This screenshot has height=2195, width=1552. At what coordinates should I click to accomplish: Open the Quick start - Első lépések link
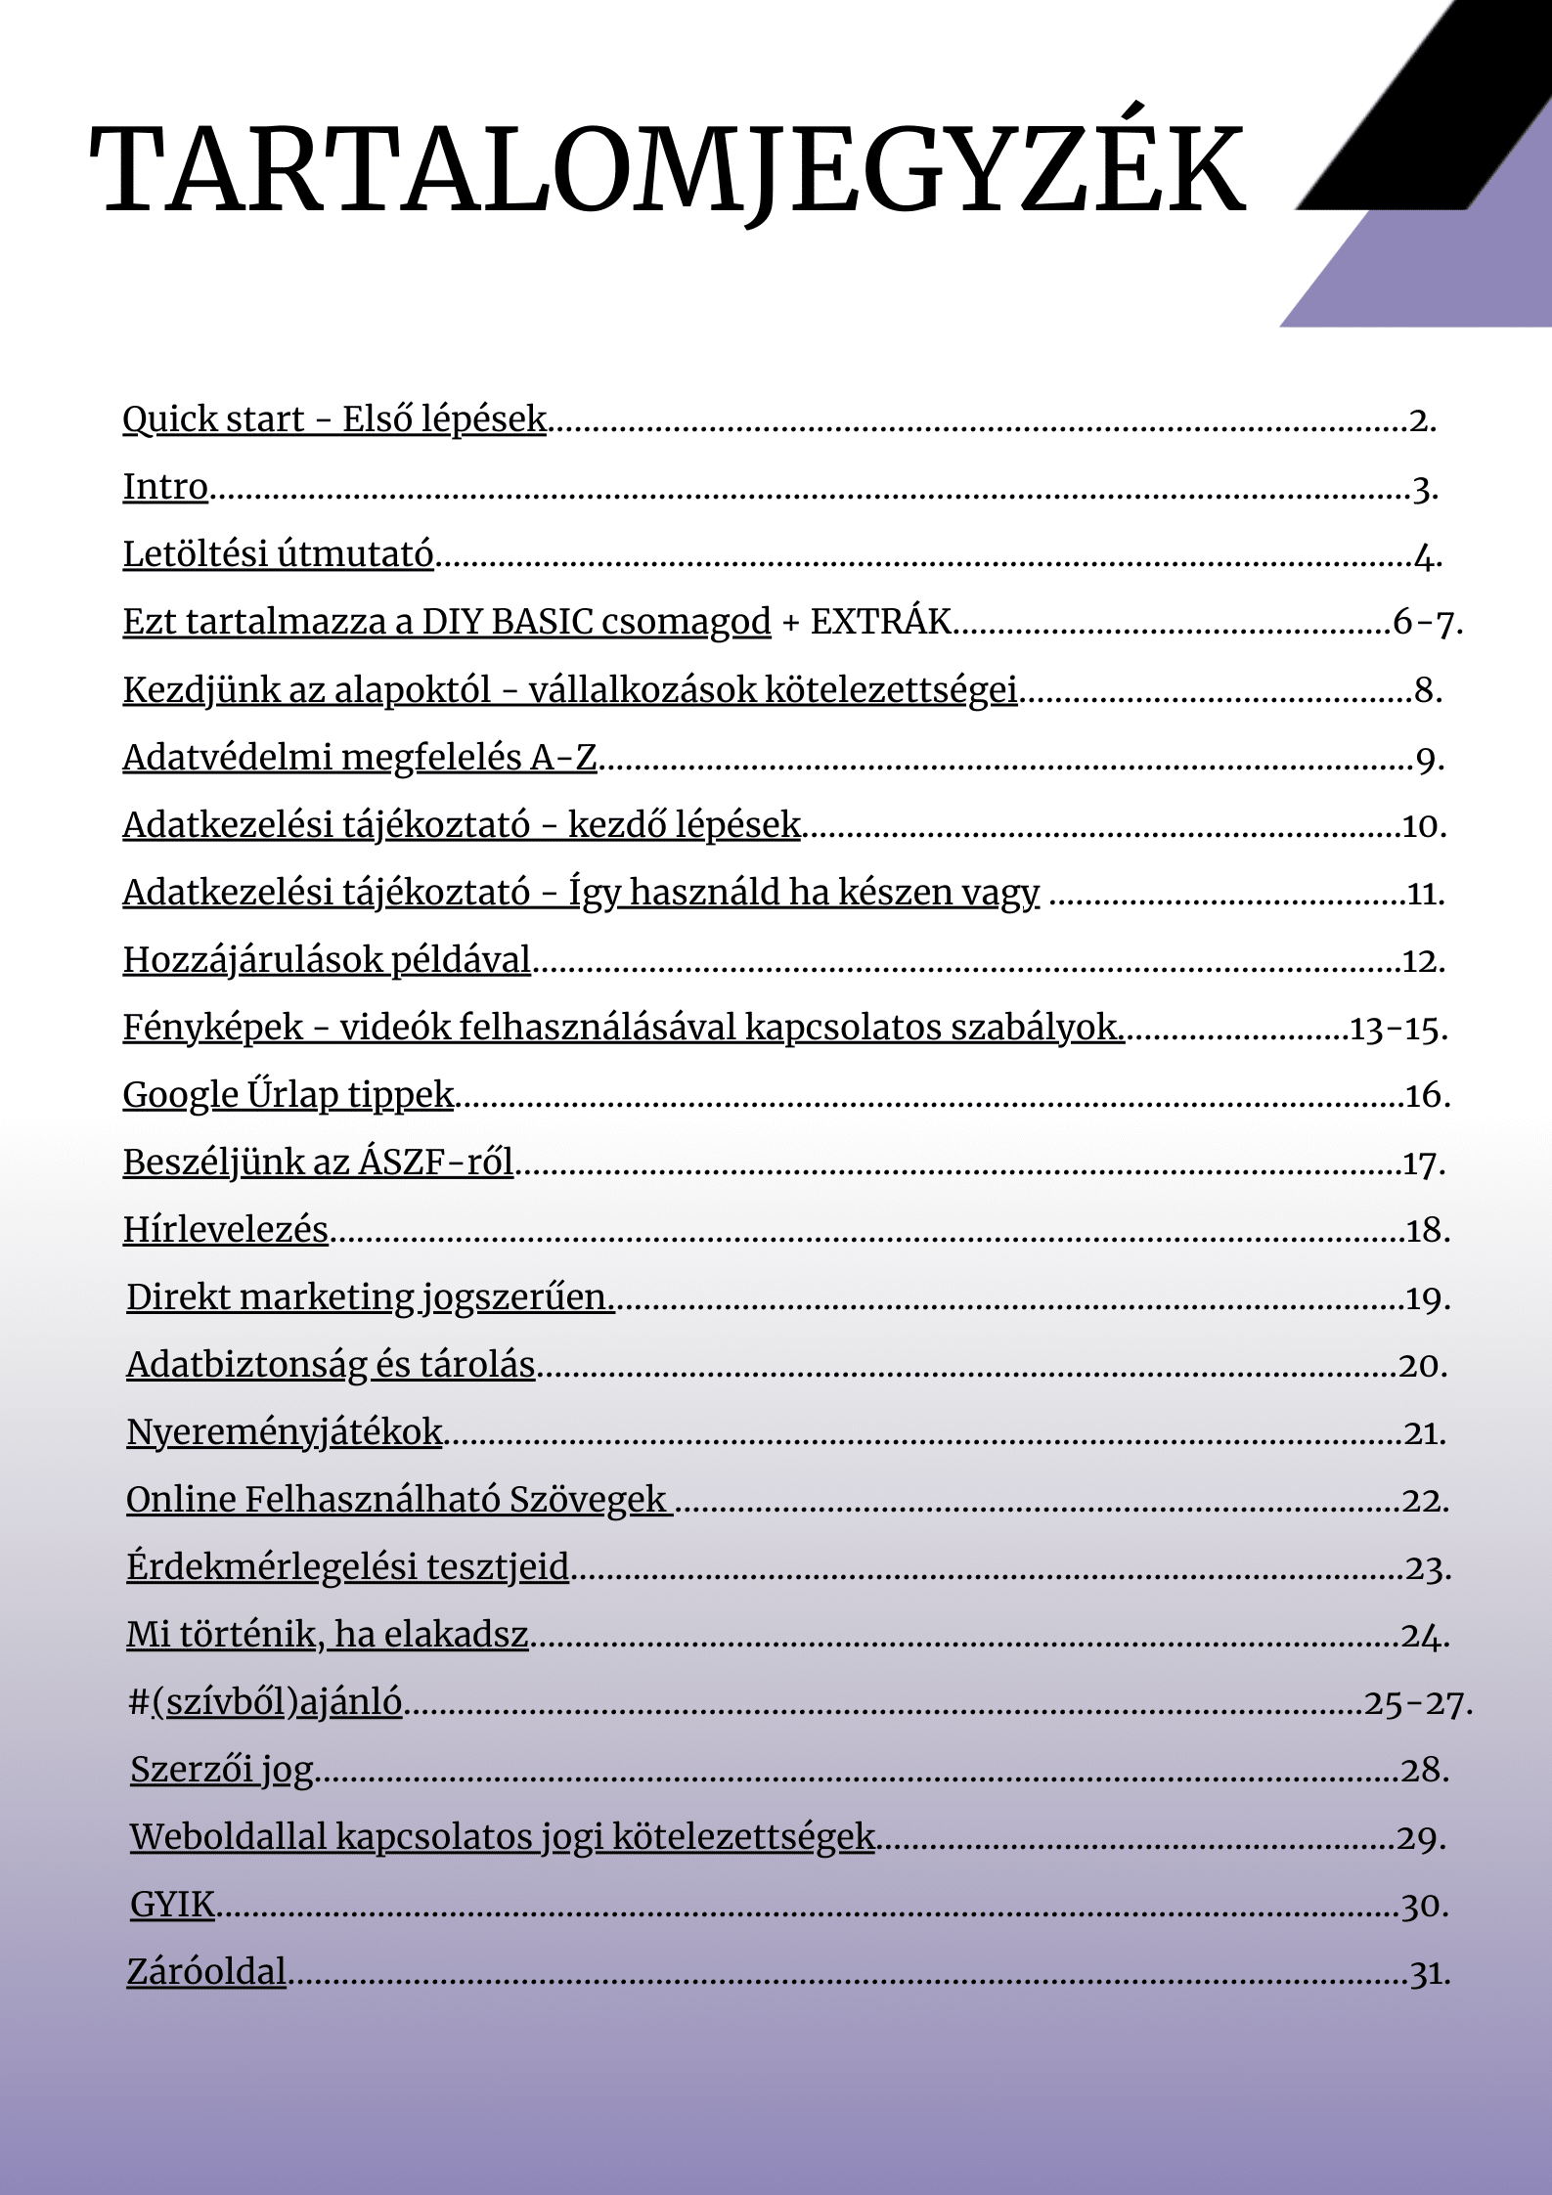[x=333, y=419]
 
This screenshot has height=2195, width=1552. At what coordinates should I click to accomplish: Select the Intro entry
[x=165, y=487]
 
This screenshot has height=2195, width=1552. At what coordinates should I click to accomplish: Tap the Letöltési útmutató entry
[x=278, y=554]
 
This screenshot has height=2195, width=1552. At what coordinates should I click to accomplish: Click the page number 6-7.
[x=1427, y=622]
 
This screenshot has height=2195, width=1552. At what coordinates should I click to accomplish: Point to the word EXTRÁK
[x=880, y=622]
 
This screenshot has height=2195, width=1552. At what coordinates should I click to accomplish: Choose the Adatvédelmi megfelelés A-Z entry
[x=359, y=758]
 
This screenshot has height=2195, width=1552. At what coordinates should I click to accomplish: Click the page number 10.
[x=1424, y=826]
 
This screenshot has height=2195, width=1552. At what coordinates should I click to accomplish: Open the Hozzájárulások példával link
[x=327, y=960]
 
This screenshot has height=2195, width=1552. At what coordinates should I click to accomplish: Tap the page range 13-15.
[x=1397, y=1029]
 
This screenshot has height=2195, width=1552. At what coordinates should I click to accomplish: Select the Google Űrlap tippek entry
[x=288, y=1095]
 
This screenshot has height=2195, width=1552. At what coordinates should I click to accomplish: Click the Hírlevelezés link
[x=225, y=1230]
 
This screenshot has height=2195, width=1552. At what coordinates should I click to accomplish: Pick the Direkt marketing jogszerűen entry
[x=370, y=1297]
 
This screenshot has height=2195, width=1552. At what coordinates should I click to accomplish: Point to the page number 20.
[x=1422, y=1365]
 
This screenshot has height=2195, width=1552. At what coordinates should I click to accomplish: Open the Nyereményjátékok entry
[x=285, y=1432]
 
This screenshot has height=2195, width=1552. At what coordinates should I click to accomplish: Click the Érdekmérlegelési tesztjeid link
[x=347, y=1567]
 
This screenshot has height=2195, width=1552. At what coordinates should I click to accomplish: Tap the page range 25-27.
[x=1417, y=1703]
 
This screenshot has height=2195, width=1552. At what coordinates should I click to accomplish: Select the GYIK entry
[x=172, y=1905]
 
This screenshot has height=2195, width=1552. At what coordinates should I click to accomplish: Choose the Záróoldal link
[x=206, y=1972]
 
